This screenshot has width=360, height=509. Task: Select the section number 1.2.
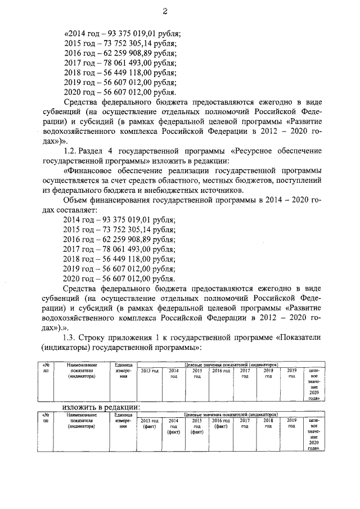point(73,151)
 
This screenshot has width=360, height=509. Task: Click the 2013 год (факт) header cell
point(149,424)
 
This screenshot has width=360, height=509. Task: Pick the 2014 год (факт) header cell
point(174,427)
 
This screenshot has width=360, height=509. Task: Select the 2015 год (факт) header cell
point(197,427)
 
